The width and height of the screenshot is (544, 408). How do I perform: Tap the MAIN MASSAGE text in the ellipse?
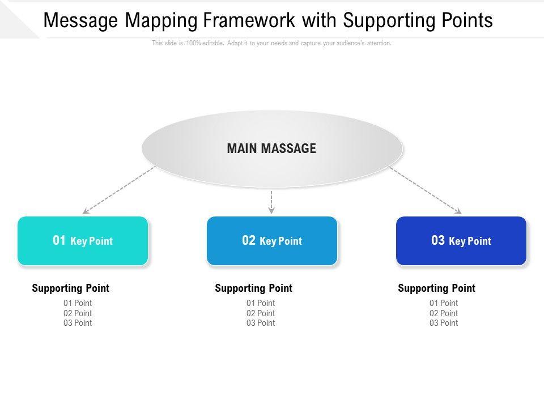tap(271, 148)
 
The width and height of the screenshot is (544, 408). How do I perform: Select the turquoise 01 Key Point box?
tap(83, 241)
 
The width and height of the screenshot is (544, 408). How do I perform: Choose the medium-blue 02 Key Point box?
tap(272, 241)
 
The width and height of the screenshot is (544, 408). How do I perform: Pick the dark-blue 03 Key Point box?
tap(461, 241)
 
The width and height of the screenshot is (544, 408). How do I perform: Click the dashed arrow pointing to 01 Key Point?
tap(119, 190)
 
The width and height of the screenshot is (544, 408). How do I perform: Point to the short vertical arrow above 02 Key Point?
tap(271, 202)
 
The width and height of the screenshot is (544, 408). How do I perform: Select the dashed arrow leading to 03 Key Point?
tap(425, 190)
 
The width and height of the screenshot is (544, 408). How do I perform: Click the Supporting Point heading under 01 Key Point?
tap(71, 288)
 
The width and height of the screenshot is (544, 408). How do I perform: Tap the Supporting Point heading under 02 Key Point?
tap(254, 288)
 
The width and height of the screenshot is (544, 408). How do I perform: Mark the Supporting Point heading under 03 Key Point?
tap(437, 288)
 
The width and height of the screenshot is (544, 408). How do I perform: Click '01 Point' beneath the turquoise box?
tap(78, 303)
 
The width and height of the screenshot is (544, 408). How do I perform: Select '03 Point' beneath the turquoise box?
tap(78, 323)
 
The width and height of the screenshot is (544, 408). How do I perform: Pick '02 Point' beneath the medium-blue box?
tap(261, 313)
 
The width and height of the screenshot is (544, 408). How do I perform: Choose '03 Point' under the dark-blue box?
tap(444, 323)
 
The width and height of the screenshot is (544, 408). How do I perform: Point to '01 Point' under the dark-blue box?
tap(444, 303)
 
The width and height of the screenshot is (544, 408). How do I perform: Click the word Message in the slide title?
tap(81, 20)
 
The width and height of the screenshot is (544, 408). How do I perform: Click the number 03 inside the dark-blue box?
tap(438, 240)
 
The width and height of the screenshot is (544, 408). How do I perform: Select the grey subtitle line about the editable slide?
tap(271, 43)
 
